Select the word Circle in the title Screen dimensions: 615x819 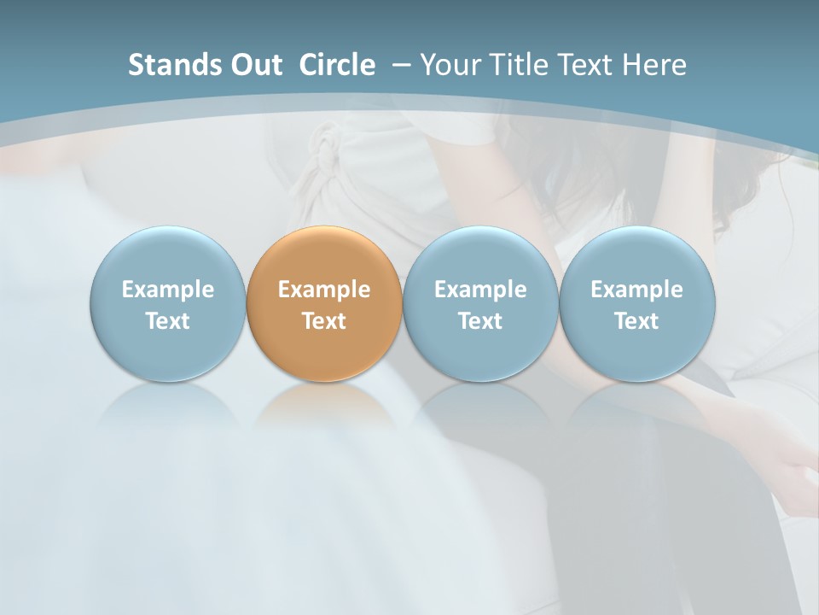[337, 65]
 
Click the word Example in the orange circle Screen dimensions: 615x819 [323, 290]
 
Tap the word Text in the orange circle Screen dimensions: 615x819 [323, 321]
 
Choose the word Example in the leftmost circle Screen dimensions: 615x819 [167, 290]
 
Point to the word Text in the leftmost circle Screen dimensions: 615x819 [167, 321]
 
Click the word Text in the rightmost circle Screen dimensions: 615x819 [636, 321]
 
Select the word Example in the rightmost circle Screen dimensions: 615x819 [636, 290]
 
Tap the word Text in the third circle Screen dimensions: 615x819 [480, 321]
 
